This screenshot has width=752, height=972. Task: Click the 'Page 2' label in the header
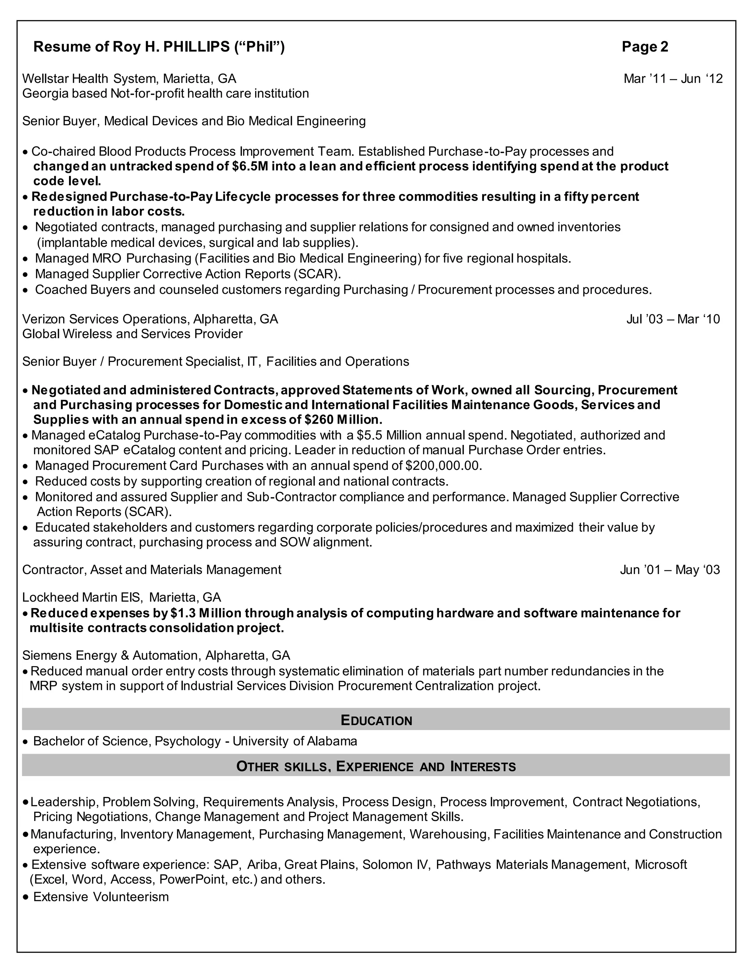click(645, 47)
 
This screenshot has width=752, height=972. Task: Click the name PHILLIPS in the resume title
click(196, 47)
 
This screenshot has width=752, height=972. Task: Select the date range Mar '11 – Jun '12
click(673, 79)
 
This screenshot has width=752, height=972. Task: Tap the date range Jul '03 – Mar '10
click(673, 319)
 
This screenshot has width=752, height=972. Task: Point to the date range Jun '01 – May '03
click(670, 570)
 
